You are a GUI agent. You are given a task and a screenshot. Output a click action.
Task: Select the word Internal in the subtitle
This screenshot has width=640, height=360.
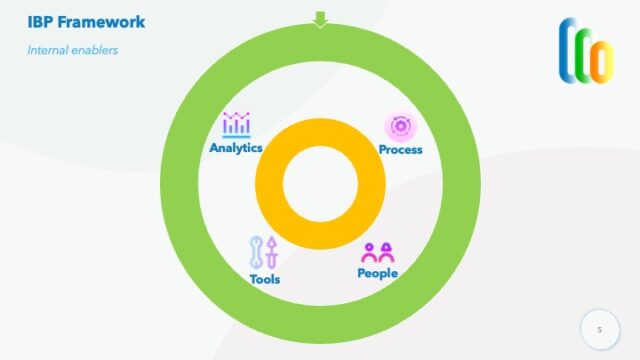point(48,50)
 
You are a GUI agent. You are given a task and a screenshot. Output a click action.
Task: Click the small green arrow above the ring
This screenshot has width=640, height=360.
point(320,19)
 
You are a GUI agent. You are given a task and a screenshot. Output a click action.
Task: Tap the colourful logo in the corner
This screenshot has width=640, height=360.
point(586,49)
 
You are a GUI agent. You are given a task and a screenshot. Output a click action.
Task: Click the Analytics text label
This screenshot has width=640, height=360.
point(236,148)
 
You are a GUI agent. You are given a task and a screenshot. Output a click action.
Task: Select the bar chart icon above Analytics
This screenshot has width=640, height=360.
point(236,125)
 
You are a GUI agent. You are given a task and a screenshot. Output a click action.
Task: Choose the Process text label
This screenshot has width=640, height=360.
point(401,150)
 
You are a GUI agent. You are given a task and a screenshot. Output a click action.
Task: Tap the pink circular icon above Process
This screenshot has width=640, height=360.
point(401,126)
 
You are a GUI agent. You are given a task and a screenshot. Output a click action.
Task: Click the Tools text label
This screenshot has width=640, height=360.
point(265,279)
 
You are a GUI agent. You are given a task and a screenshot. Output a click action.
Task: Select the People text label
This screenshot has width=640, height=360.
point(378,273)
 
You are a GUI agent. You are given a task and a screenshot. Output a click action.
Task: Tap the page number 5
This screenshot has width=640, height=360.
point(600,329)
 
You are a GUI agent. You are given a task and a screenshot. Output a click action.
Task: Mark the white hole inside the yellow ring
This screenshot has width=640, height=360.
point(320,185)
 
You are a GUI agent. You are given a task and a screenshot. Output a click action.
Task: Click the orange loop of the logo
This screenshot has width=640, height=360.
point(600,60)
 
